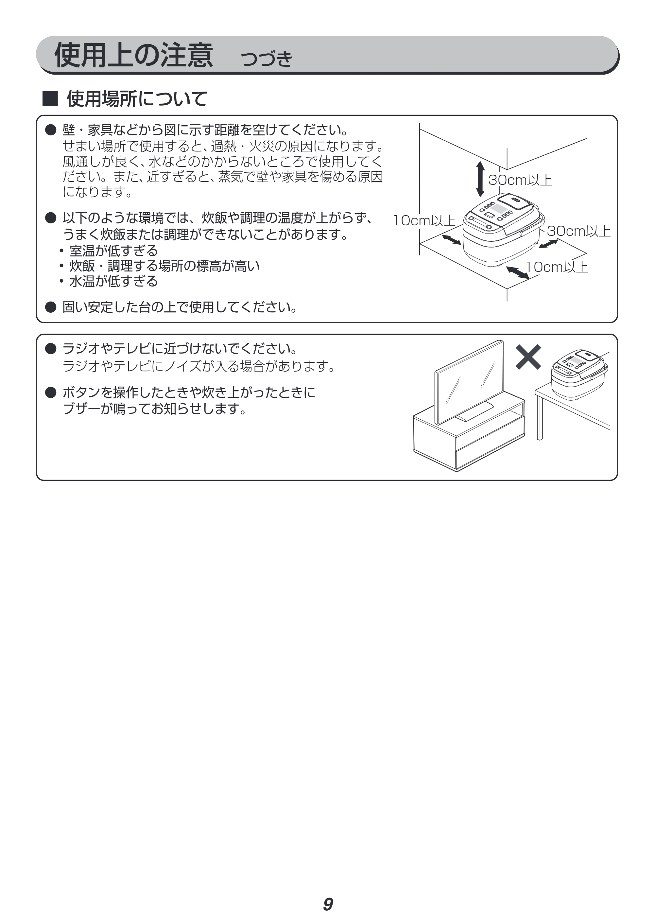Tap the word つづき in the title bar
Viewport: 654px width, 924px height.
coord(266,59)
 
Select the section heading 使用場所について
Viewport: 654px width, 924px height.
coord(137,99)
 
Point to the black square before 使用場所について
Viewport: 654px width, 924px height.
coord(50,99)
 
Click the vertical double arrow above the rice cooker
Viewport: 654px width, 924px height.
coord(480,179)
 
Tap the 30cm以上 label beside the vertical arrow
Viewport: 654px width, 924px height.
coord(520,180)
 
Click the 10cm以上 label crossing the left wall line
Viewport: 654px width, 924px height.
coord(424,220)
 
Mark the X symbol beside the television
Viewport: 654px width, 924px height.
coord(528,357)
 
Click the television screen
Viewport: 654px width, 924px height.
coord(469,383)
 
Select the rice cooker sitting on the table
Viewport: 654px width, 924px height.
coord(579,374)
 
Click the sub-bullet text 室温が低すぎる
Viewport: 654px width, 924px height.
coord(113,251)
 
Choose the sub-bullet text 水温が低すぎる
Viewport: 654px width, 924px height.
coord(113,281)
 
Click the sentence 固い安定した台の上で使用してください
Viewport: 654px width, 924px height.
coord(180,307)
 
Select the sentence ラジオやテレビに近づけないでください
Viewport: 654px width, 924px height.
coord(180,348)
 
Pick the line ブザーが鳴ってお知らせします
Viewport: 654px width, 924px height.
coord(154,409)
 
